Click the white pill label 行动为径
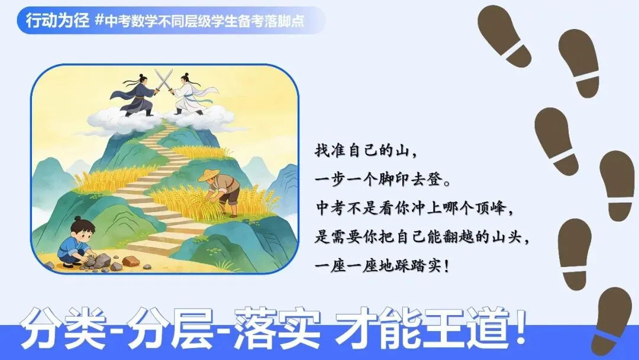click(x=57, y=21)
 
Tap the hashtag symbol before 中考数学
click(x=99, y=21)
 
